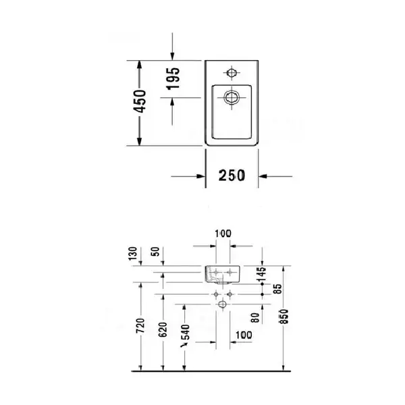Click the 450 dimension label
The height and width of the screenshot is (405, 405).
coord(140,101)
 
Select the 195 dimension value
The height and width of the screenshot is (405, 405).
coord(173,78)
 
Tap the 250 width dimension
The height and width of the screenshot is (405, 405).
coord(232,175)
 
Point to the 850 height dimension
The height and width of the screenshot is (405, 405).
coord(284,316)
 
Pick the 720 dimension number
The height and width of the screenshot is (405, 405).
coord(141,326)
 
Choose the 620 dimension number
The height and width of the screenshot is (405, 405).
coord(163,329)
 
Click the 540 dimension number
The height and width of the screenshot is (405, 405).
coord(186,332)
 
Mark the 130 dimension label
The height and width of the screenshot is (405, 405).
coord(133,254)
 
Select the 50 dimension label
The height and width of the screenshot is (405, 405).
coord(157,252)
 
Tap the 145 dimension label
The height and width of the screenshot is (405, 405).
coord(262,274)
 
